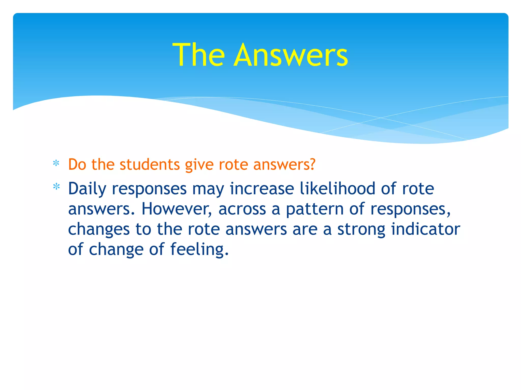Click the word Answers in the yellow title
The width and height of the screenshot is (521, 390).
tap(291, 55)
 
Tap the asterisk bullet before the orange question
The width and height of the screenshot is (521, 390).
tap(56, 164)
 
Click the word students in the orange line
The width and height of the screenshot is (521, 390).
tap(150, 165)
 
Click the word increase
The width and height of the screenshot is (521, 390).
tap(262, 189)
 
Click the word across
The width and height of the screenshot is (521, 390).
tap(242, 209)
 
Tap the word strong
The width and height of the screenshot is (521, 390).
tap(361, 230)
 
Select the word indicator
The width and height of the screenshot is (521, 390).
tap(425, 229)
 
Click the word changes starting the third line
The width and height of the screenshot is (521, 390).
tap(99, 230)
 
